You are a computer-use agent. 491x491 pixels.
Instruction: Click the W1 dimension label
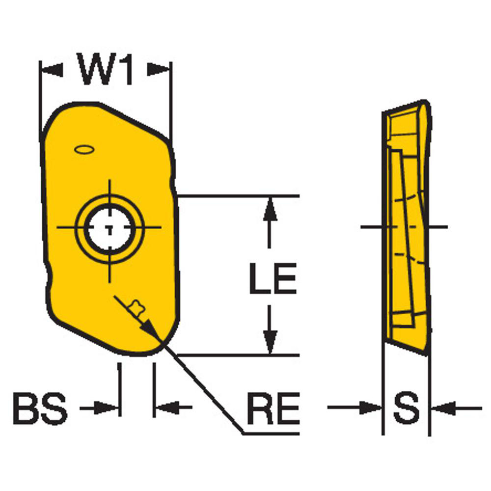[106, 70]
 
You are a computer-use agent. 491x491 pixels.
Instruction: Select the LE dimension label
[273, 279]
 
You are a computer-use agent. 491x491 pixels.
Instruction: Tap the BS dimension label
[40, 408]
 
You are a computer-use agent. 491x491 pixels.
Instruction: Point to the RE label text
[273, 409]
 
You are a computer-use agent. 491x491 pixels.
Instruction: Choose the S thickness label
[407, 408]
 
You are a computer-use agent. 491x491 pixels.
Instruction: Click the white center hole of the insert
[109, 228]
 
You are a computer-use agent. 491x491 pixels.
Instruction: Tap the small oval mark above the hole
[84, 148]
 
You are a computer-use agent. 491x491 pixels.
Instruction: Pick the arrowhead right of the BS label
[109, 408]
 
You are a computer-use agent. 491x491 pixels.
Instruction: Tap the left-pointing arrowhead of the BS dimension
[165, 408]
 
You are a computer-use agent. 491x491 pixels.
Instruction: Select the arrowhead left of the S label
[371, 408]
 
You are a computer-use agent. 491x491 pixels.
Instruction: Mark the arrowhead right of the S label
[442, 408]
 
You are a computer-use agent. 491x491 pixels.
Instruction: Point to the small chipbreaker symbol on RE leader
[135, 309]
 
